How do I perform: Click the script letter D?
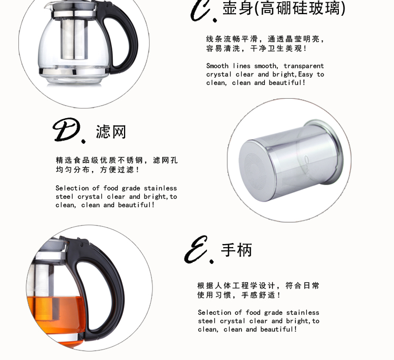67,130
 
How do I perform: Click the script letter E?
196,249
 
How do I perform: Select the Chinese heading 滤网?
110,132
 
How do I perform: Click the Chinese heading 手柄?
236,250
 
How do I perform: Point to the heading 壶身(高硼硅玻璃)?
284,8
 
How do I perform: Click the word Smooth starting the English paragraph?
217,66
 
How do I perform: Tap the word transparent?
304,66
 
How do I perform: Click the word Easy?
306,75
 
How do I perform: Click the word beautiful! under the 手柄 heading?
278,329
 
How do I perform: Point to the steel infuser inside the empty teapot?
75,39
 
